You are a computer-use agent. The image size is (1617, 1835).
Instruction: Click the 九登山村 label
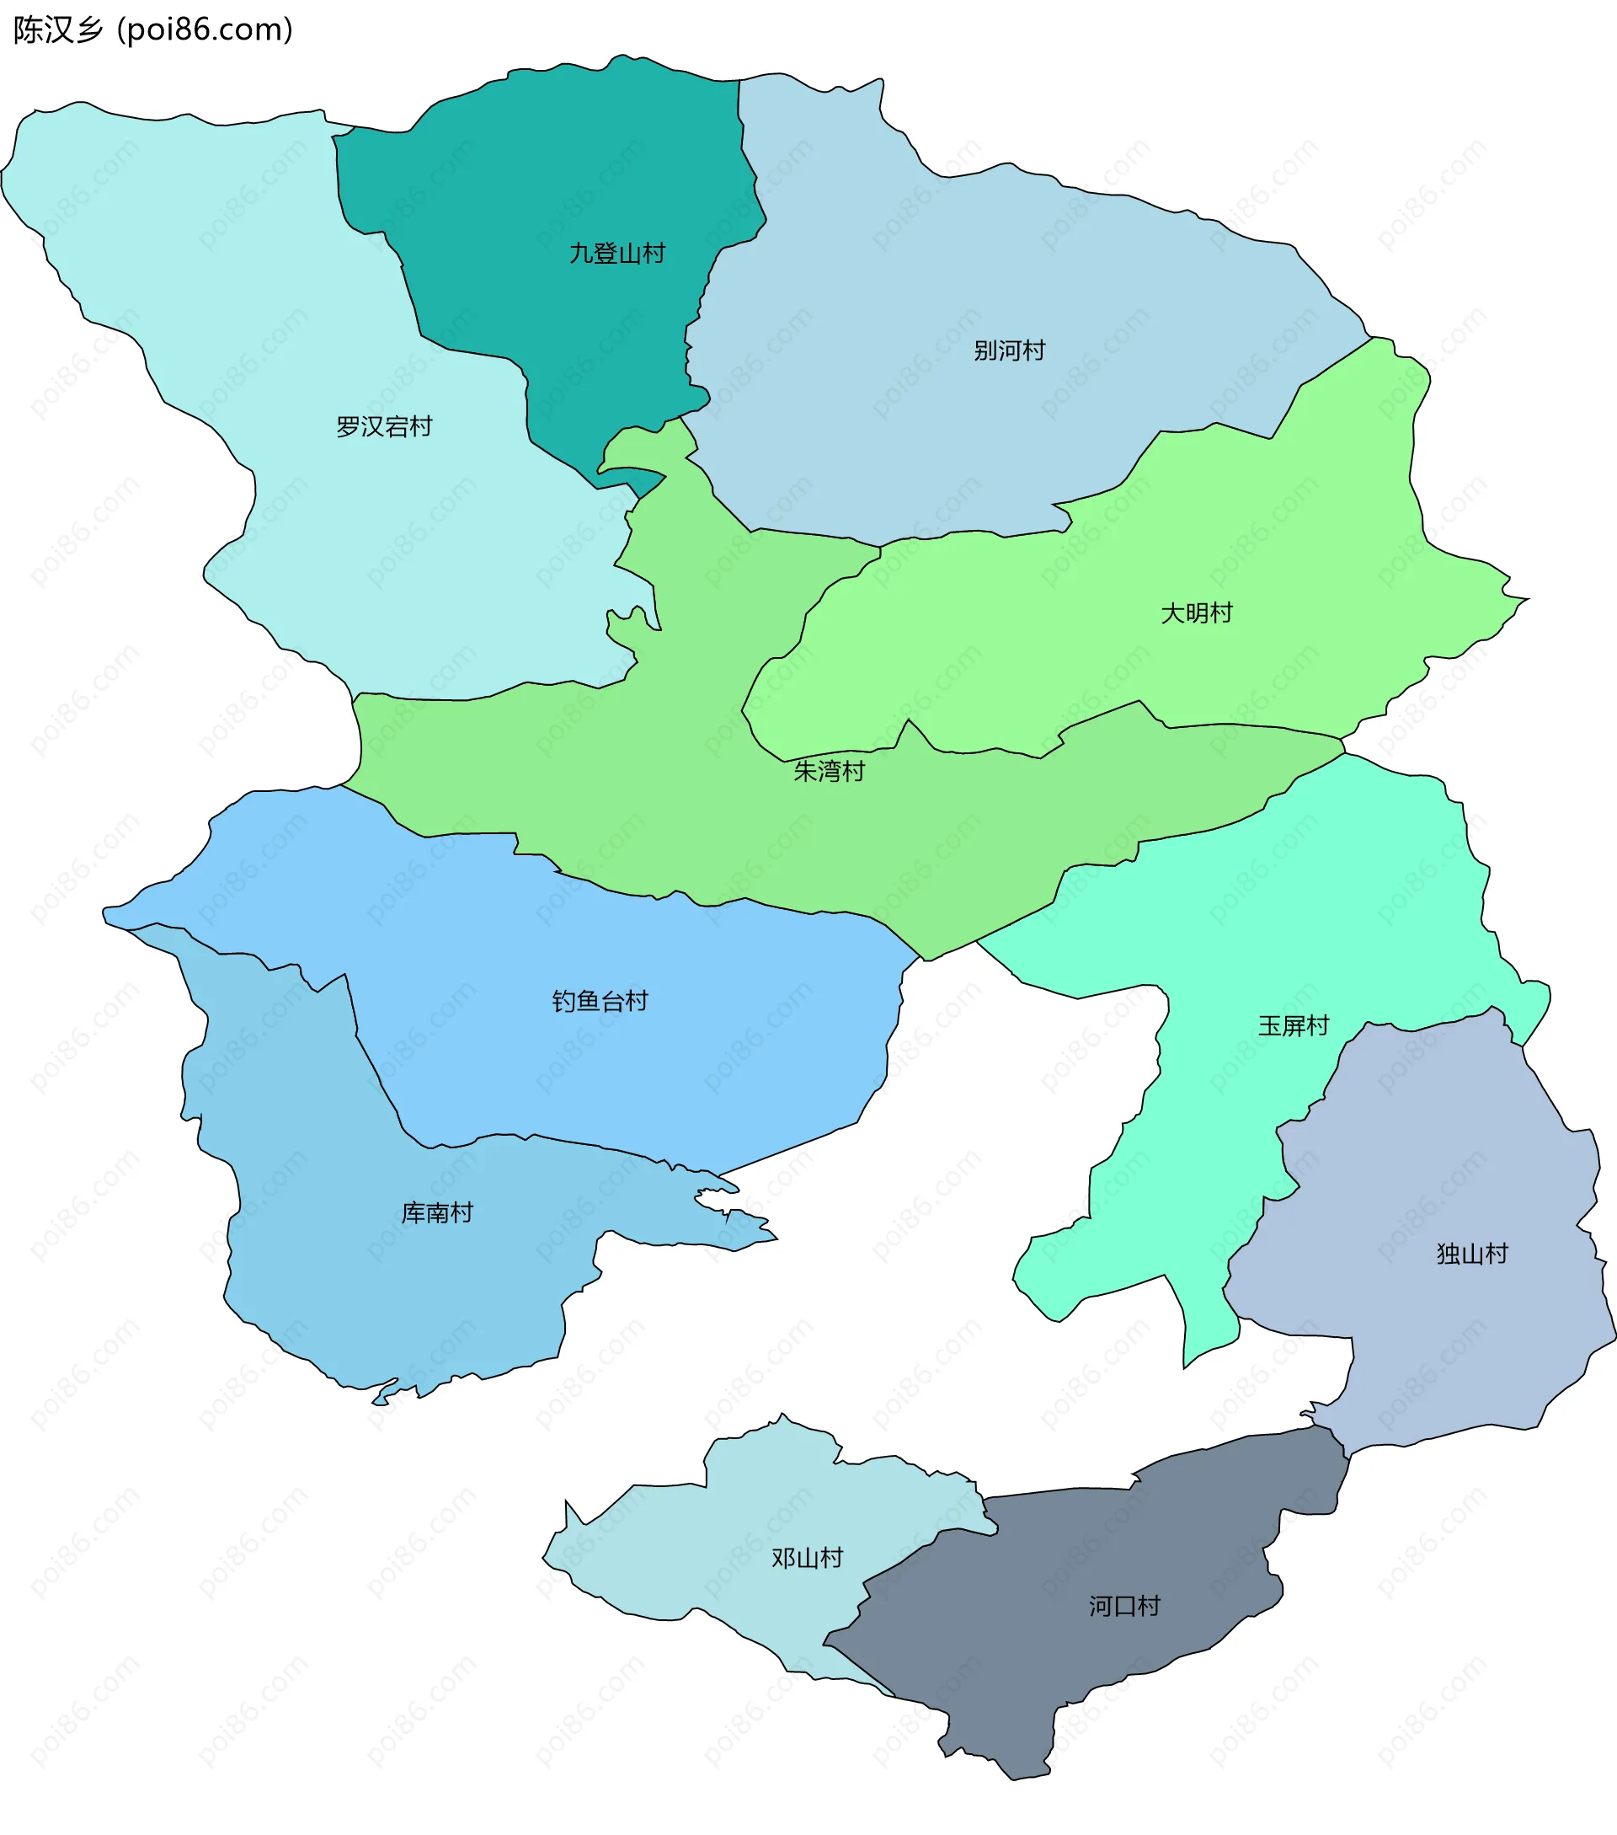pos(616,254)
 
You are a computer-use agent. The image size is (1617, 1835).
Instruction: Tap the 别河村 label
pos(1010,351)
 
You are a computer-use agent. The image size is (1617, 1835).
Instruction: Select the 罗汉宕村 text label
pos(384,426)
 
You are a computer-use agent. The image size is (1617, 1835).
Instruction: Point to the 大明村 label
pos(1196,614)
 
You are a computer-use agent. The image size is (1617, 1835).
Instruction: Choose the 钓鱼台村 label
pos(600,1002)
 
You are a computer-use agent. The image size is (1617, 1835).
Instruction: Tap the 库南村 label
pos(437,1214)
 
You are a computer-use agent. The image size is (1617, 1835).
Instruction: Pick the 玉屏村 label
pos(1292,1026)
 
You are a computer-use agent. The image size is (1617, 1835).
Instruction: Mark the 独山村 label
pos(1471,1255)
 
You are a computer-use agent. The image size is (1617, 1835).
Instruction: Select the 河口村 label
pos(1124,1606)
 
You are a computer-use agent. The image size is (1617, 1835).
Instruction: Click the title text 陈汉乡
pos(58,30)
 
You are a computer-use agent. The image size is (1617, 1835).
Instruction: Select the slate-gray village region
pos(1077,1661)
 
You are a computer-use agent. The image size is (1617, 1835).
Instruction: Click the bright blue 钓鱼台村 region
pos(628,1059)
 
